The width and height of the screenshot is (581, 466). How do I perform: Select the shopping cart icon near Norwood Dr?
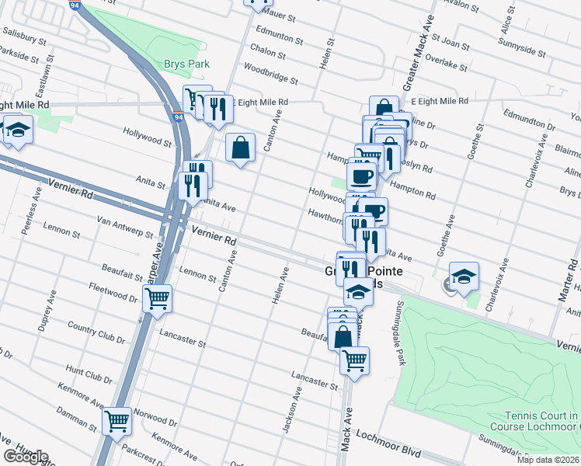coord(117,422)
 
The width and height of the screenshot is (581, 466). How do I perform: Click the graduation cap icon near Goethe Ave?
coord(464,276)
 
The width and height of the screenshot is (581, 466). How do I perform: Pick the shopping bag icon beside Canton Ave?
coord(241,147)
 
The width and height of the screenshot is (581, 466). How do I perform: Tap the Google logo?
coord(25,457)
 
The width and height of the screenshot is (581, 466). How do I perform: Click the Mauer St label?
coord(280,15)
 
